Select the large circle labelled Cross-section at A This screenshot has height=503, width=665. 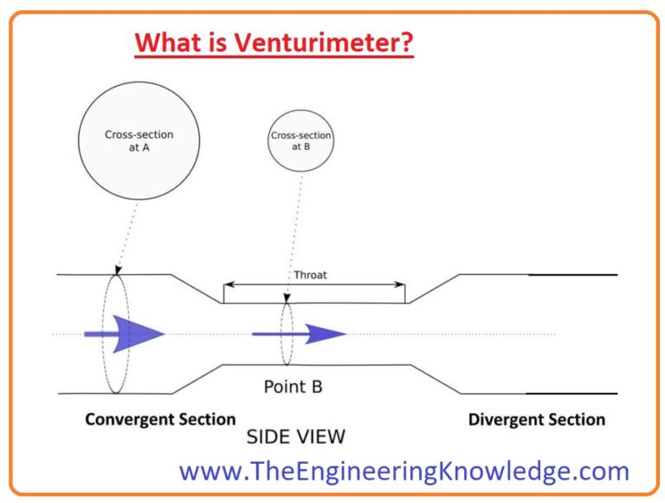click(139, 140)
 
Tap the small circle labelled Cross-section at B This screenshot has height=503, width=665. click(301, 141)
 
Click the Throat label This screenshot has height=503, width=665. click(311, 275)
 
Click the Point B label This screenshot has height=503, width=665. click(293, 386)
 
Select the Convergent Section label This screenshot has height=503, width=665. click(160, 420)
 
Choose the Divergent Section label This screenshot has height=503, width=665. click(537, 420)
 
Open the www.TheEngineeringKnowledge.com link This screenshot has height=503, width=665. click(404, 471)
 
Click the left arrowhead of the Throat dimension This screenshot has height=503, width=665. click(228, 284)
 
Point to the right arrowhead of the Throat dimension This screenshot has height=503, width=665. click(400, 284)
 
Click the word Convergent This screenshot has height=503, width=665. click(128, 420)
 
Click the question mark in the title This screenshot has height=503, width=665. click(407, 42)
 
